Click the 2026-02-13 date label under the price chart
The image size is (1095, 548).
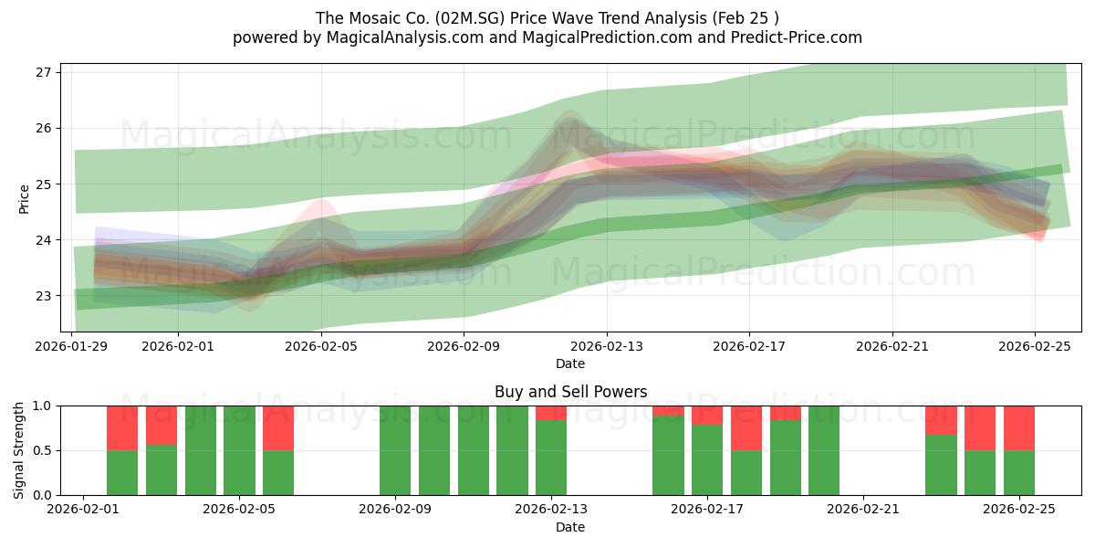pos(607,347)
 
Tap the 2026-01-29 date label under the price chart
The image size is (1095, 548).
pos(71,347)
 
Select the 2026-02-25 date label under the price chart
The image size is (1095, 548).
pos(1035,347)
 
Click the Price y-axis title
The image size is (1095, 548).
pos(24,198)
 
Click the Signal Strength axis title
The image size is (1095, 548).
pos(19,449)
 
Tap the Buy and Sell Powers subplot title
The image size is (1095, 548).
pos(570,392)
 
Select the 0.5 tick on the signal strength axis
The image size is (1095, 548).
pos(43,450)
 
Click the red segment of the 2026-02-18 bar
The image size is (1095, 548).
pos(746,427)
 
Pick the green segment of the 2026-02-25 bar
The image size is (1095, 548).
pos(1019,472)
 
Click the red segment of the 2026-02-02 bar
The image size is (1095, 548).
pos(122,427)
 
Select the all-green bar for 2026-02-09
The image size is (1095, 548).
pos(395,450)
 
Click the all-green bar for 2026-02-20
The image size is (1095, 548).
pos(824,450)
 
